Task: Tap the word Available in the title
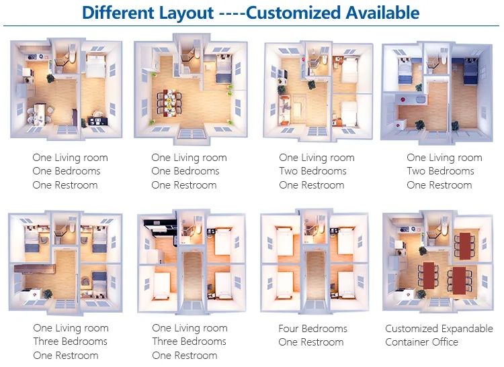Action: [382, 13]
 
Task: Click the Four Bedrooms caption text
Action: [312, 329]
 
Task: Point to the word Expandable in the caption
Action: [466, 329]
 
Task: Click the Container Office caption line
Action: [422, 342]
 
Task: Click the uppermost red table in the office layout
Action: [465, 246]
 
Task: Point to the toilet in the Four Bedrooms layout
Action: [321, 227]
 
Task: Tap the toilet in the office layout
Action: [445, 228]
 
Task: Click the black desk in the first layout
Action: [97, 121]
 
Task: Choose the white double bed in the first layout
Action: [95, 66]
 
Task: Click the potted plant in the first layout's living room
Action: [50, 78]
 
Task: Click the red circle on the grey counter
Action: [402, 100]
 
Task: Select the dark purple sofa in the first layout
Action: [75, 117]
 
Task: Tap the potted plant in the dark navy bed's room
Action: [455, 125]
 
